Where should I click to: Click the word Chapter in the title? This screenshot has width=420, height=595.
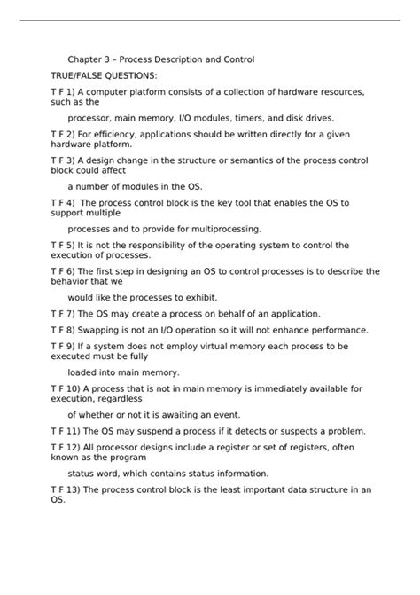[86, 59]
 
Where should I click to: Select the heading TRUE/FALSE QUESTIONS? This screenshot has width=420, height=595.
[105, 76]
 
